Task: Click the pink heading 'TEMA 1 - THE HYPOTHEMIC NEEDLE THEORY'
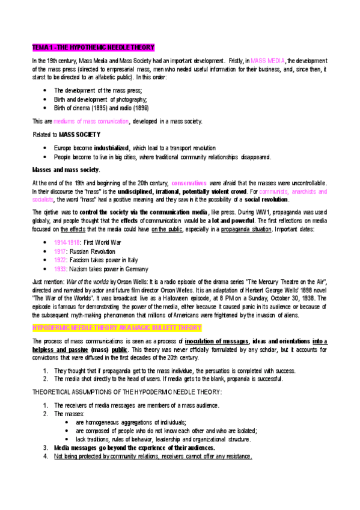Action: click(x=93, y=47)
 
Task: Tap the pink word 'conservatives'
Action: click(x=190, y=182)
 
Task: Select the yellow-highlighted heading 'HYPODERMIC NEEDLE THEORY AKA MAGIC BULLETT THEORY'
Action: click(x=117, y=328)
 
